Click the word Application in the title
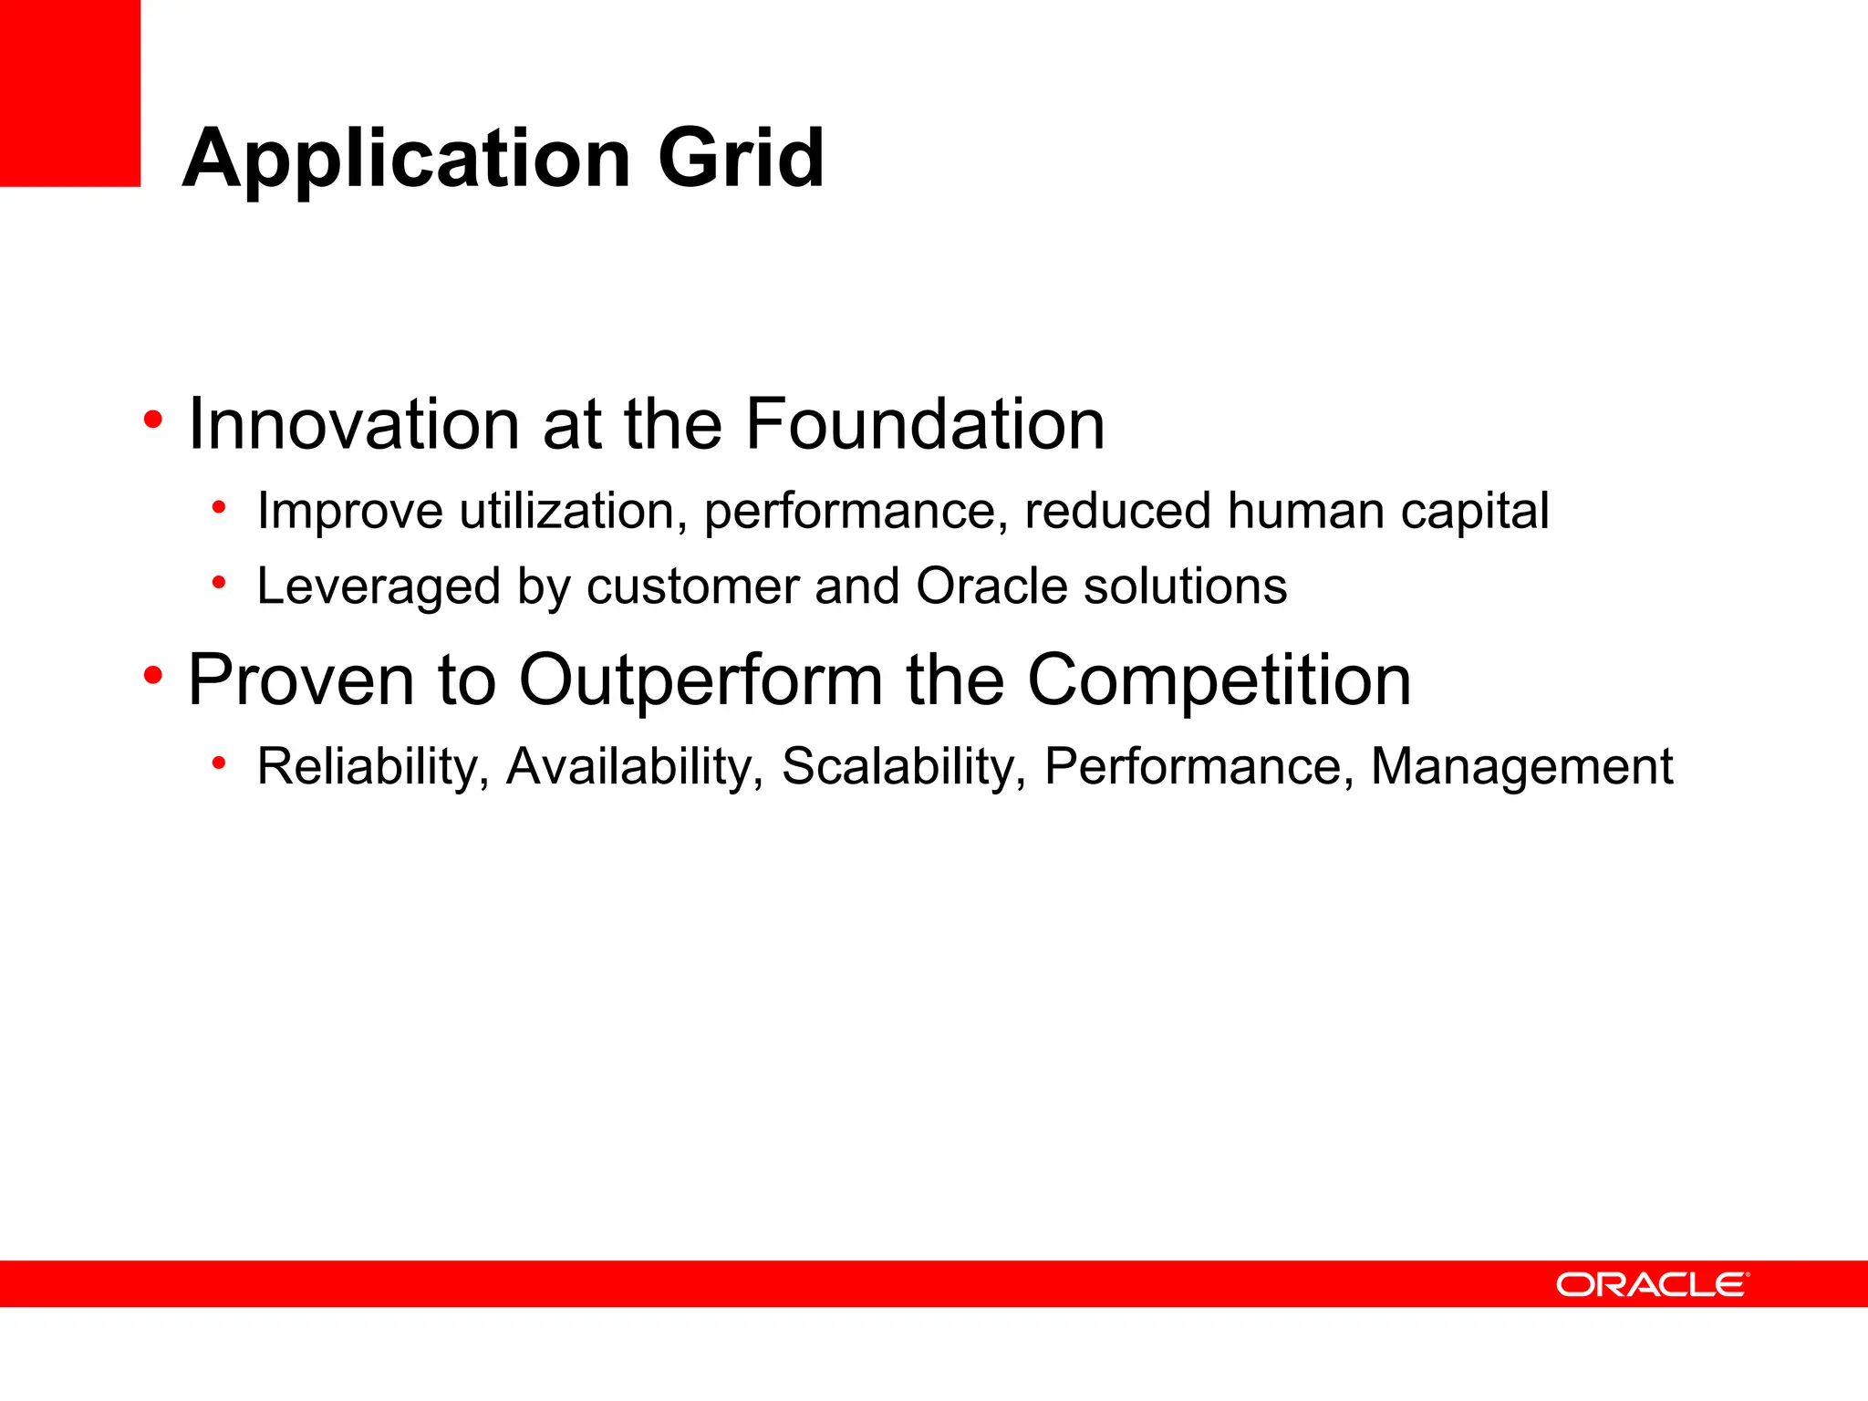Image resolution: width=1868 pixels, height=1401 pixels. [x=407, y=161]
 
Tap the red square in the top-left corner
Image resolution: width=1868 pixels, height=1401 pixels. [x=69, y=93]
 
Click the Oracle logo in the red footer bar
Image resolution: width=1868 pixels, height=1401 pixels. [x=1652, y=1284]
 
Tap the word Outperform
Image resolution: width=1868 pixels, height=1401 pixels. [x=700, y=681]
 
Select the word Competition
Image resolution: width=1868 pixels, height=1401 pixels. [x=1219, y=681]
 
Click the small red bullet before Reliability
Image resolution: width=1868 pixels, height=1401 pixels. [x=218, y=763]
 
